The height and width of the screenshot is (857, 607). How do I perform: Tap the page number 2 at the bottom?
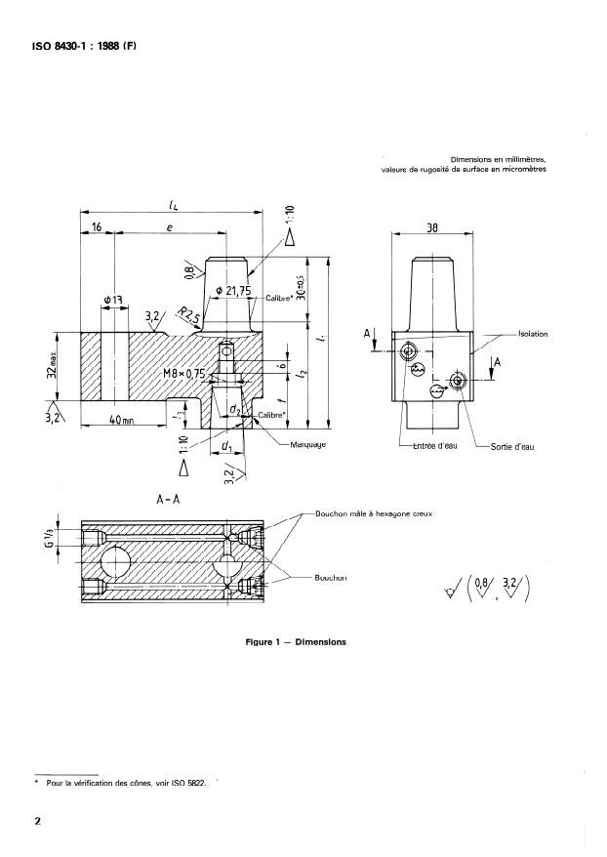(38, 821)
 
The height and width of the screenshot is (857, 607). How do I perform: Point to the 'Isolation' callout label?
(527, 334)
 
